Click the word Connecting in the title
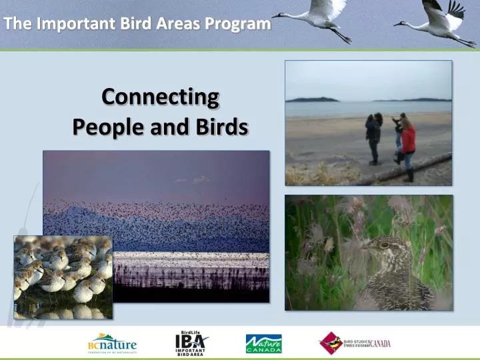(x=160, y=97)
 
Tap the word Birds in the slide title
(x=221, y=126)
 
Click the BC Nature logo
(x=112, y=343)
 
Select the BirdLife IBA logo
(x=191, y=343)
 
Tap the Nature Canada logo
(x=263, y=343)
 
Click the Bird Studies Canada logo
(x=354, y=343)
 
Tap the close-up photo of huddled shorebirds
(x=63, y=276)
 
